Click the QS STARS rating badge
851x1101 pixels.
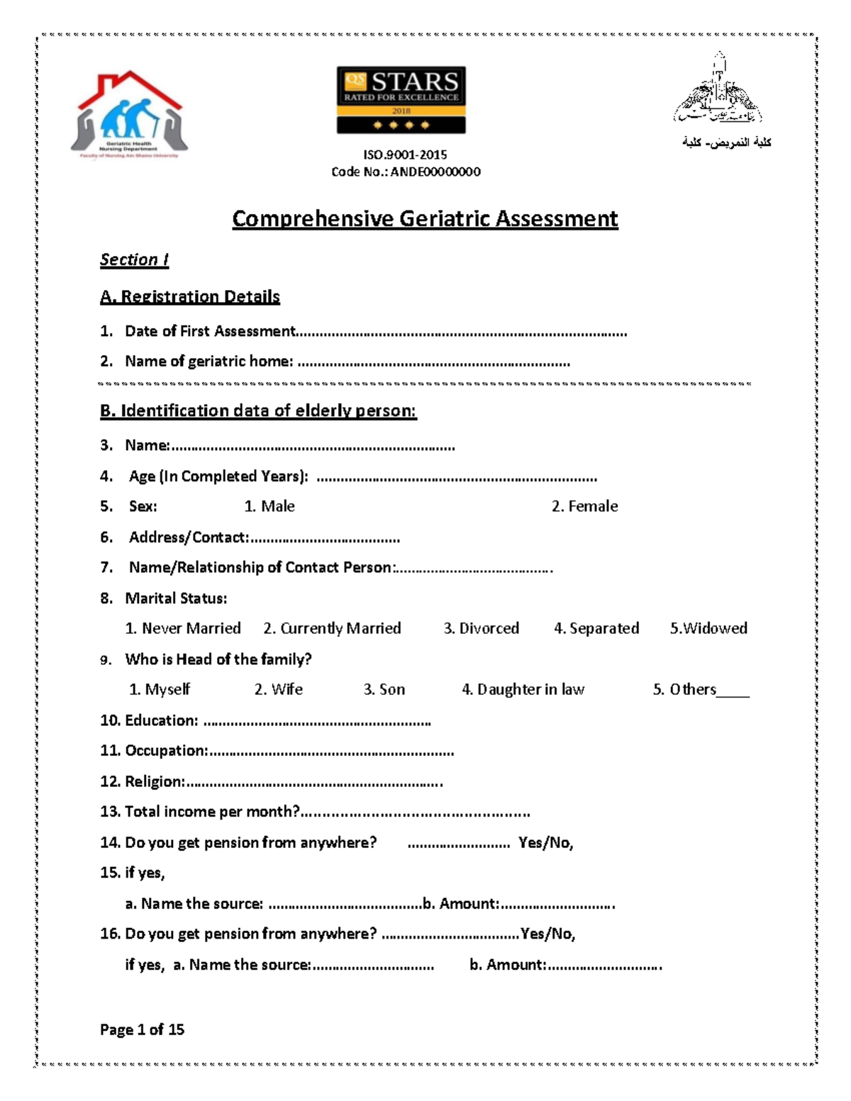click(401, 100)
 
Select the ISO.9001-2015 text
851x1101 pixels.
click(405, 155)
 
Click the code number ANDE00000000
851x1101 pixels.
click(435, 172)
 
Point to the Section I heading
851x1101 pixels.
click(134, 259)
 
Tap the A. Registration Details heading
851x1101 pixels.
click(189, 296)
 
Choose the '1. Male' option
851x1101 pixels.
click(269, 506)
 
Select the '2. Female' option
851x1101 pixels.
click(584, 506)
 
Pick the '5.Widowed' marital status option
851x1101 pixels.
click(708, 628)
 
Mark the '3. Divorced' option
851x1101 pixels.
click(481, 628)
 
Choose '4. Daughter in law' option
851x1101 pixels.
click(523, 689)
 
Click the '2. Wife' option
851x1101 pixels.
click(278, 689)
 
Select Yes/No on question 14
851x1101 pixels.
click(545, 842)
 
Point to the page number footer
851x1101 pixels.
click(142, 1029)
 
